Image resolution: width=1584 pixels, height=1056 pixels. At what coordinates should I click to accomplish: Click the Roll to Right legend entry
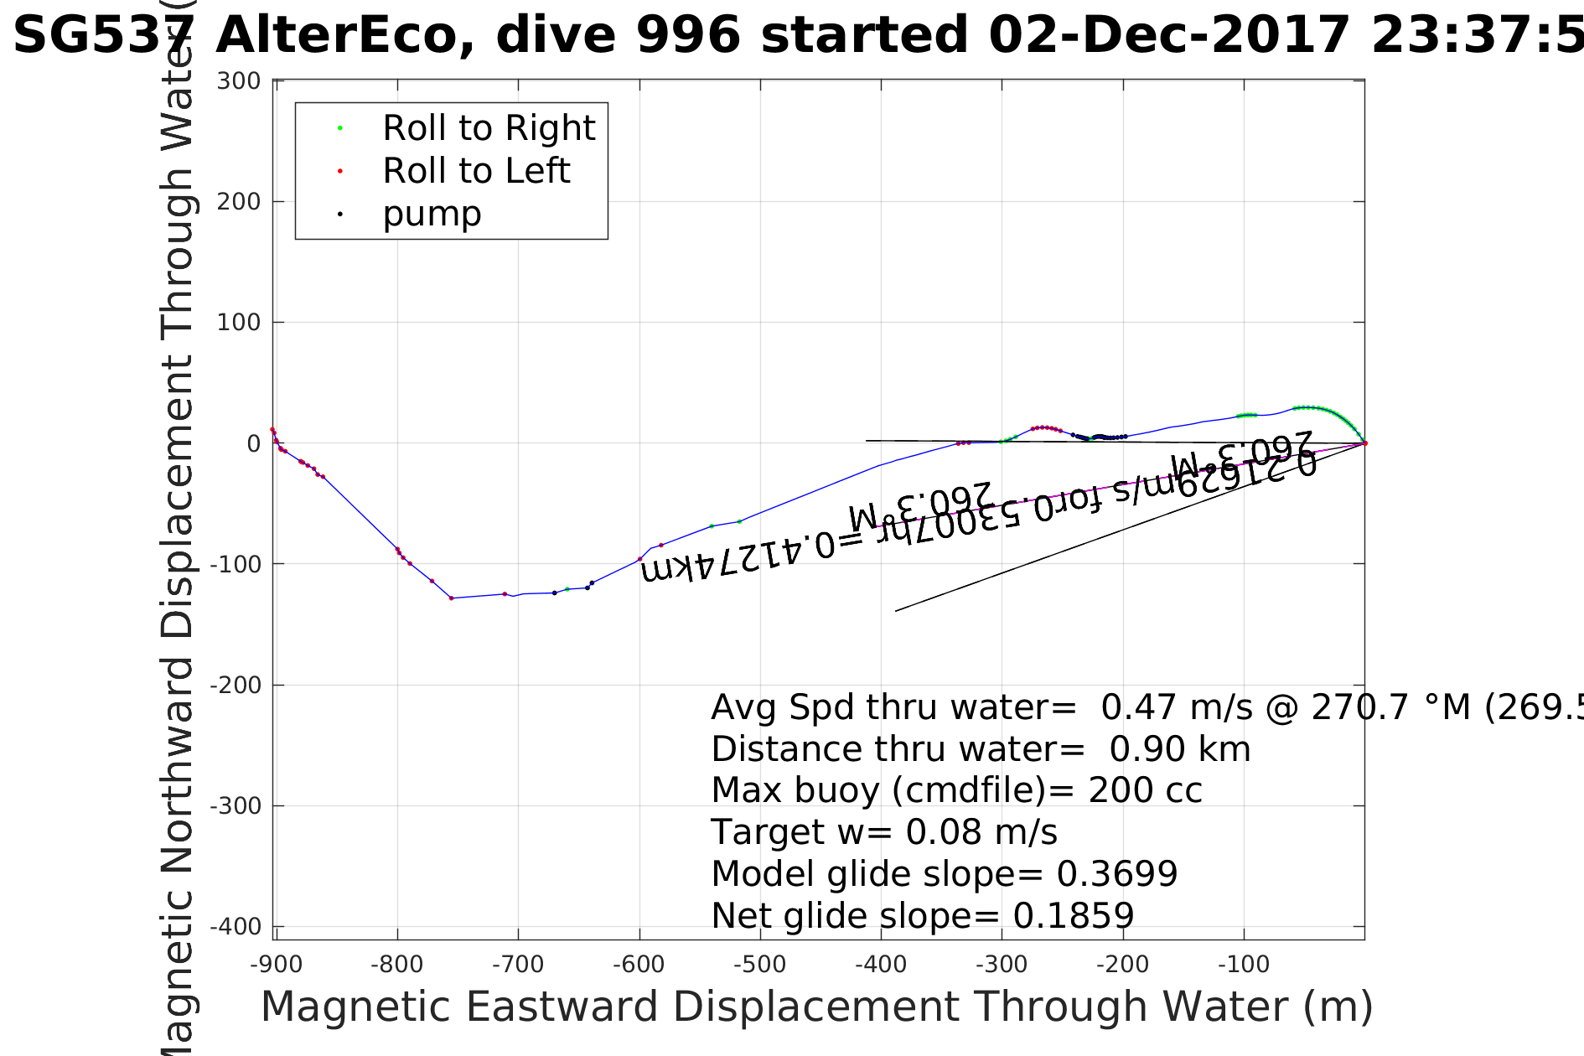point(488,128)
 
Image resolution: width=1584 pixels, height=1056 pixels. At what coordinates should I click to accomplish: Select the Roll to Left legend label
point(475,171)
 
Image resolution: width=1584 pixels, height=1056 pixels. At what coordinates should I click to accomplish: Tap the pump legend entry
point(432,214)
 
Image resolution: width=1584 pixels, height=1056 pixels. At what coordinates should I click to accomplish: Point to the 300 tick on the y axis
point(239,81)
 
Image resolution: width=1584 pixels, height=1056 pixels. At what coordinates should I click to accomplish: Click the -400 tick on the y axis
point(236,927)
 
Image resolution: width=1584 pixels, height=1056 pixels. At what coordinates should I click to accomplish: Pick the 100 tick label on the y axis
point(239,323)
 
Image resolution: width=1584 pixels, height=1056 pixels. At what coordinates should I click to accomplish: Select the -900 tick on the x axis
point(276,965)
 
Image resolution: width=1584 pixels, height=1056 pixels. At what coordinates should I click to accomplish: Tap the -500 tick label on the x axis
point(759,965)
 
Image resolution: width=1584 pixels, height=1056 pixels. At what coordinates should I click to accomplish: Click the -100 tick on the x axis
point(1243,965)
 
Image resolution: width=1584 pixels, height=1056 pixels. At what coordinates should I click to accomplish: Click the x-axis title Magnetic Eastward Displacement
point(816,1007)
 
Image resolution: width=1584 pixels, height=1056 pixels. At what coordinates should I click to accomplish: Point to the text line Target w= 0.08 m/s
point(884,832)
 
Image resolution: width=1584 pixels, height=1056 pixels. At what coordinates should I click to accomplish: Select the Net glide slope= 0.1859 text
point(922,916)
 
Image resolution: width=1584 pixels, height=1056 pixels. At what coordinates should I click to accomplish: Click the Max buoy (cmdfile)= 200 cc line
point(956,790)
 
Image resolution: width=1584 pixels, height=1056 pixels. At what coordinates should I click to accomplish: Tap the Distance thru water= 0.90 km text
point(981,749)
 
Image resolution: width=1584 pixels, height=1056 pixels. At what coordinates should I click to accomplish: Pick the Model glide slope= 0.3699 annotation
point(944,874)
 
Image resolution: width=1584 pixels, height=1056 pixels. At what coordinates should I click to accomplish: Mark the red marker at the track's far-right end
point(1364,443)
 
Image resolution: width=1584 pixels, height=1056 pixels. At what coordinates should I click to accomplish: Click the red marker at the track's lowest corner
point(451,598)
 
